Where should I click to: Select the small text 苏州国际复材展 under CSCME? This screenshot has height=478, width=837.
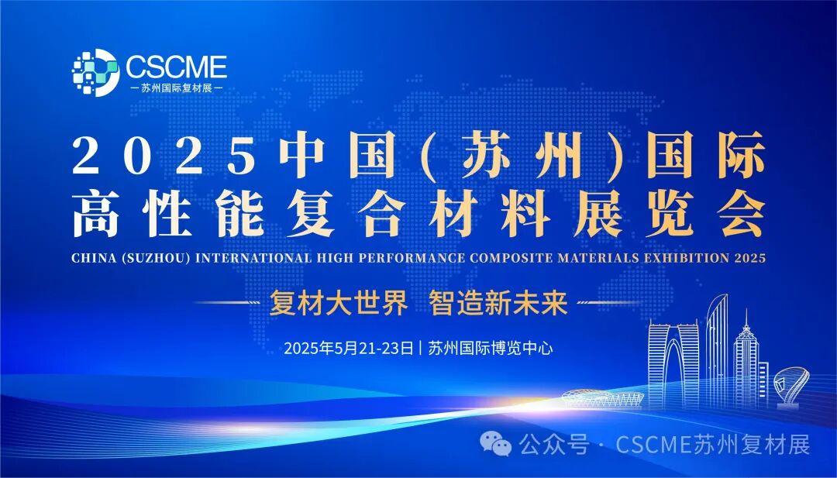[x=177, y=88]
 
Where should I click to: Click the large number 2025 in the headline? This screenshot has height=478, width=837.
[x=164, y=155]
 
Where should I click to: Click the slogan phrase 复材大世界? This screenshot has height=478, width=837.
[x=338, y=303]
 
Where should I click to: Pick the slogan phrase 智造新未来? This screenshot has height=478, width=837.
[x=498, y=303]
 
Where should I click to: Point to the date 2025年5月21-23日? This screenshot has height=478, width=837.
[x=349, y=348]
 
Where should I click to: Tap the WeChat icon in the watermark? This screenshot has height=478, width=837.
[x=497, y=445]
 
